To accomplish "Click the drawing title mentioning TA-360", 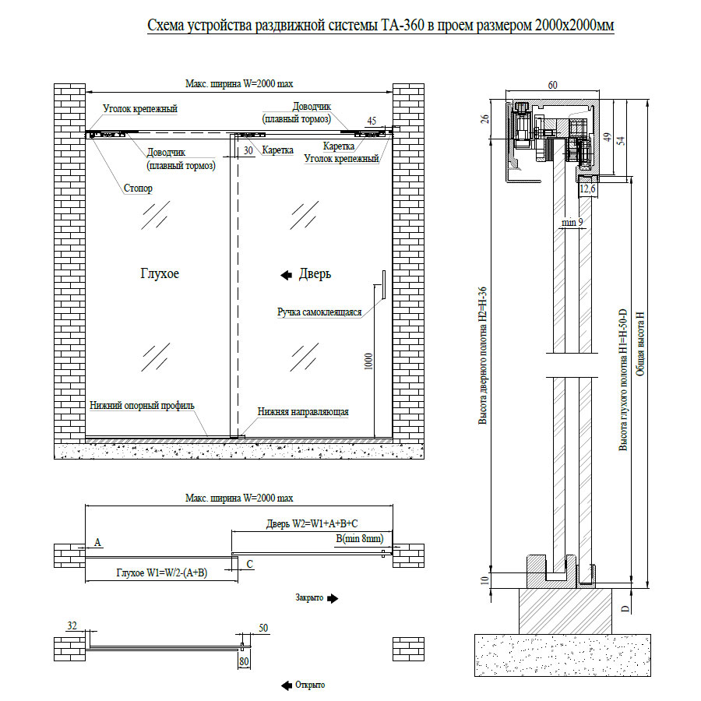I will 381,26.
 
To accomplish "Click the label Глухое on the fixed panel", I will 160,273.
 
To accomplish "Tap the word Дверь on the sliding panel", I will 315,273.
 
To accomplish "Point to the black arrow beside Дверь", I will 286,273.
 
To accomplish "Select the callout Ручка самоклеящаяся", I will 319,312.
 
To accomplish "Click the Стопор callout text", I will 138,188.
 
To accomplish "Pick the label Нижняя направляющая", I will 303,412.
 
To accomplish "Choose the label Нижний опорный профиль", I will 142,406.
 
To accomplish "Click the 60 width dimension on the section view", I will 553,84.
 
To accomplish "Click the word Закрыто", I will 309,598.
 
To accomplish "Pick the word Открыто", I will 309,685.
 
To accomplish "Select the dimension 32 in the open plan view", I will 72,625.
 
